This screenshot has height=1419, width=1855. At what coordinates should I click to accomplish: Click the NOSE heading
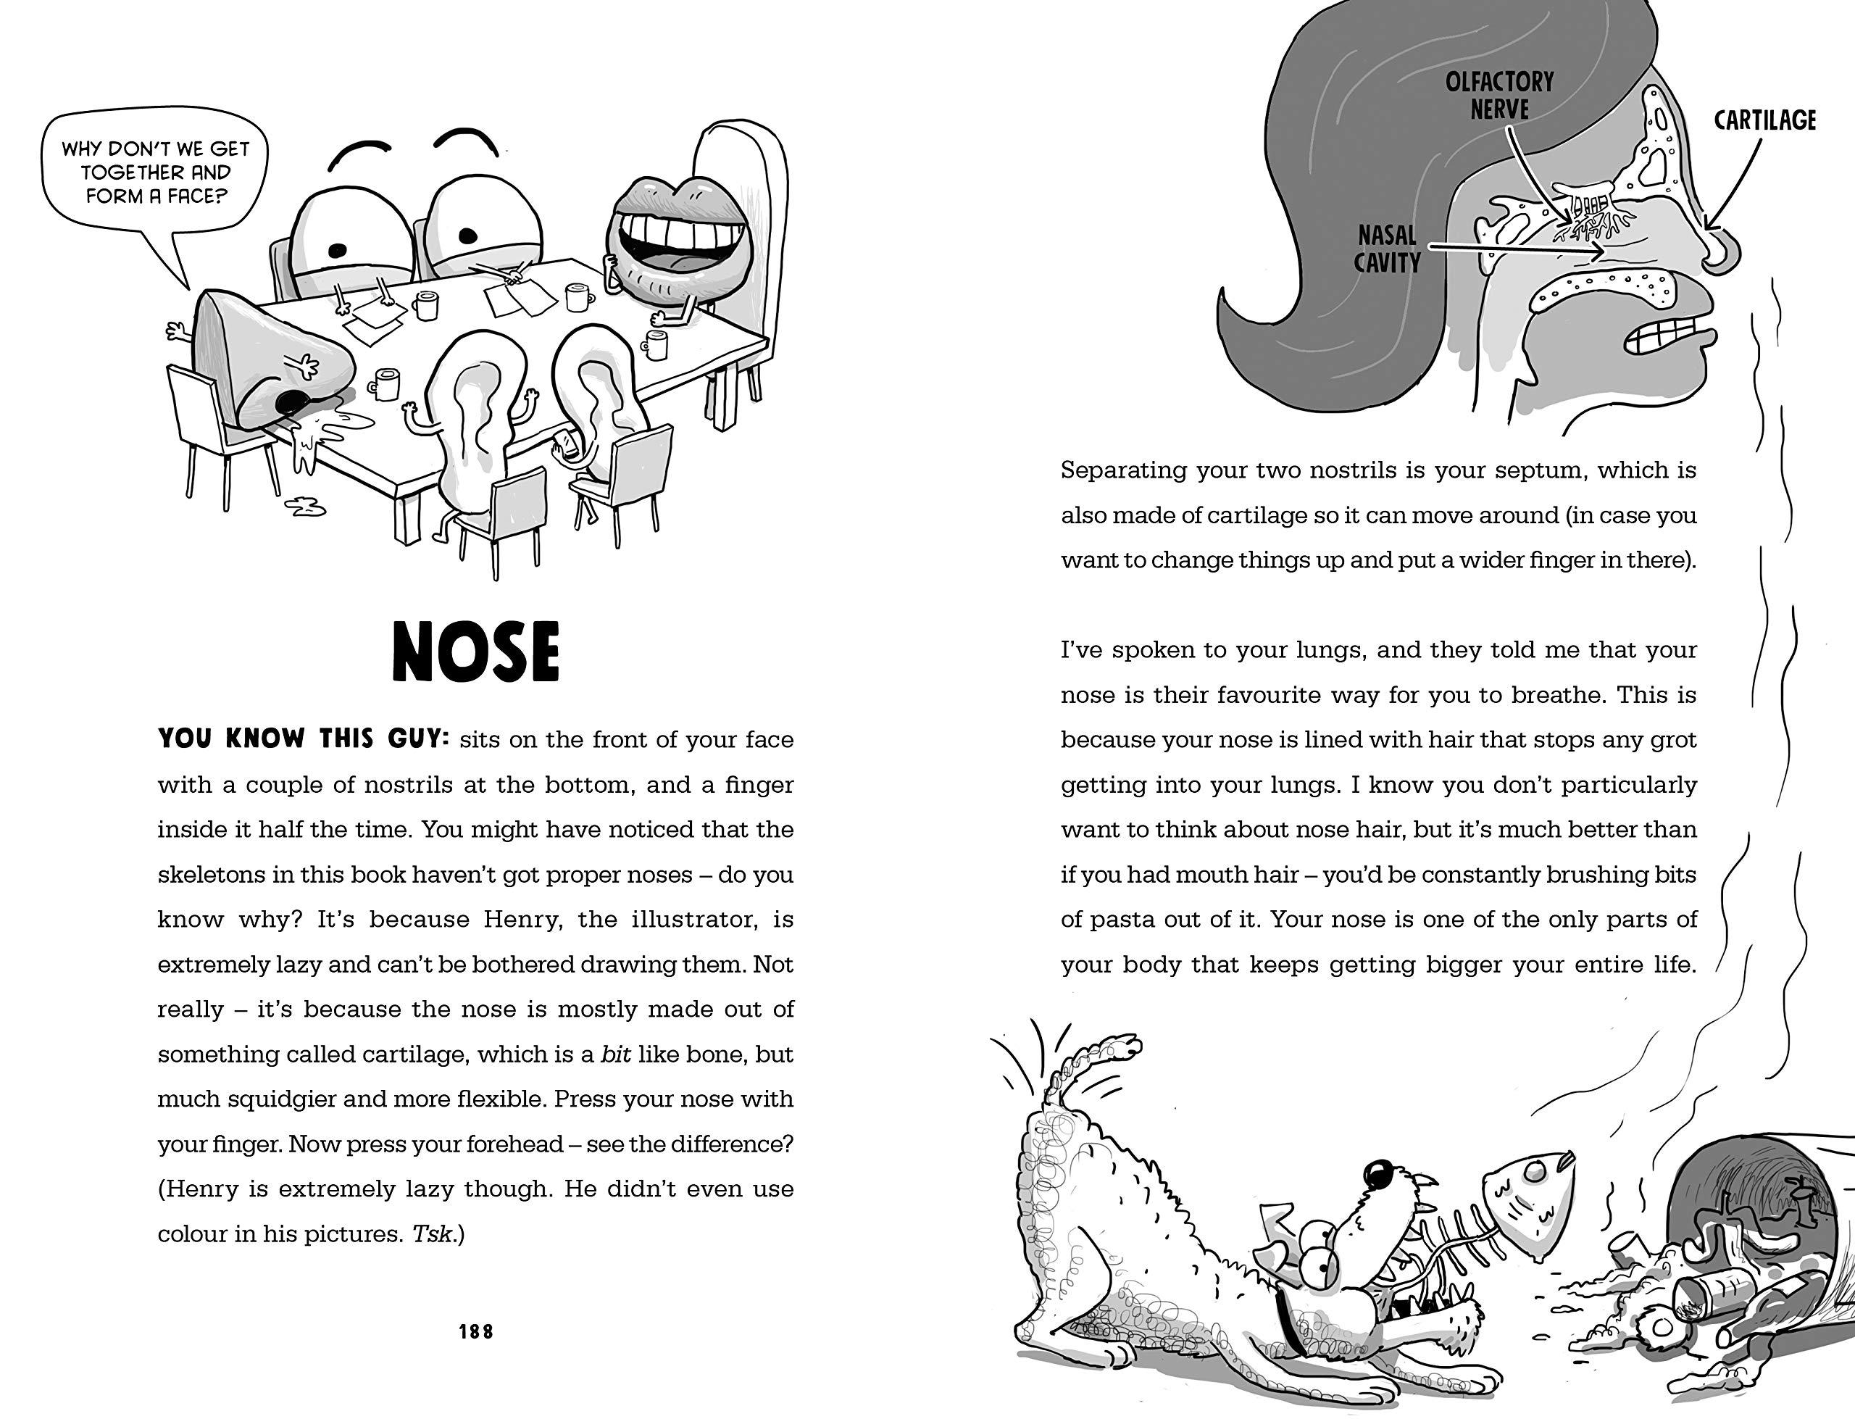pyautogui.click(x=475, y=652)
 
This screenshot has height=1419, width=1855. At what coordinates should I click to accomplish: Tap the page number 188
pyautogui.click(x=475, y=1332)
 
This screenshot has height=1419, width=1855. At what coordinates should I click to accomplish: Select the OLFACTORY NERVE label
pyautogui.click(x=1498, y=96)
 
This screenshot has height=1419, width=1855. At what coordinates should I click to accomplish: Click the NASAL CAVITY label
pyautogui.click(x=1386, y=249)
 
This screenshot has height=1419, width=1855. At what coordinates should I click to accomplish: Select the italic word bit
pyautogui.click(x=615, y=1054)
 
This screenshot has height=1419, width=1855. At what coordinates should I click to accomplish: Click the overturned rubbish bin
pyautogui.click(x=1748, y=1225)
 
